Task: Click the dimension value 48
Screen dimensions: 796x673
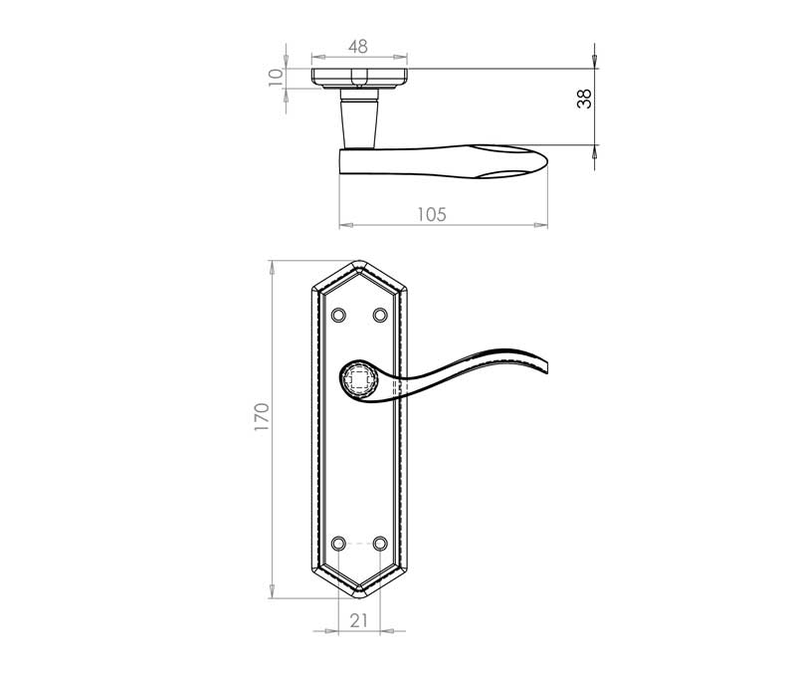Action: click(358, 46)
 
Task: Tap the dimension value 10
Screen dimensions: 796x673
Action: click(276, 78)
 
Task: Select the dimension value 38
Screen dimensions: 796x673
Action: click(584, 99)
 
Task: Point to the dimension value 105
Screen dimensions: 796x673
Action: click(432, 214)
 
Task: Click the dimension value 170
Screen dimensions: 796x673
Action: click(262, 417)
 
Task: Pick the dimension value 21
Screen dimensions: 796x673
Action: click(358, 620)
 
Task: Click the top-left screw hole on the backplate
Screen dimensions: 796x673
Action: click(338, 316)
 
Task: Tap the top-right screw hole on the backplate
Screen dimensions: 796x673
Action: click(380, 316)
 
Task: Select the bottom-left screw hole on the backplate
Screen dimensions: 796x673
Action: click(338, 544)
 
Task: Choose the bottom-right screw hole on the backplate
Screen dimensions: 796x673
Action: click(380, 544)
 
